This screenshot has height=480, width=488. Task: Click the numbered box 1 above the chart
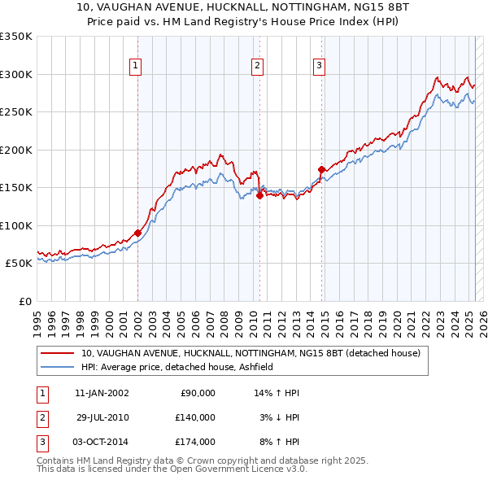click(x=135, y=67)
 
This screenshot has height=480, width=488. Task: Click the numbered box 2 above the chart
click(x=257, y=67)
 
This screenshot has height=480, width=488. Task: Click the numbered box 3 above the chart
click(x=320, y=67)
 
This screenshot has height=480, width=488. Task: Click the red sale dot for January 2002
click(x=137, y=233)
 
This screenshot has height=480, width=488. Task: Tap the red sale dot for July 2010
click(x=259, y=195)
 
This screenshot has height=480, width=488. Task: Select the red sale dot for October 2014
click(x=321, y=169)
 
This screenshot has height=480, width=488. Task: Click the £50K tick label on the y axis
click(x=18, y=264)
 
